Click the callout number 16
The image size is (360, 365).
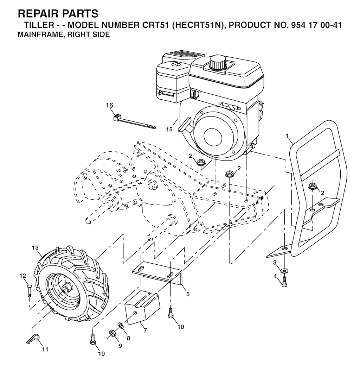(x=109, y=106)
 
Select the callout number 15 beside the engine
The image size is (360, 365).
(x=169, y=129)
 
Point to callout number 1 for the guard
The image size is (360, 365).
(x=287, y=136)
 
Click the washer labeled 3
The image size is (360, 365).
(x=284, y=271)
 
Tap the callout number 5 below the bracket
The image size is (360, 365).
(x=188, y=294)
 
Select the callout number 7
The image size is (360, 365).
(x=145, y=330)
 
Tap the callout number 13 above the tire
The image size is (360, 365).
(x=35, y=248)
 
